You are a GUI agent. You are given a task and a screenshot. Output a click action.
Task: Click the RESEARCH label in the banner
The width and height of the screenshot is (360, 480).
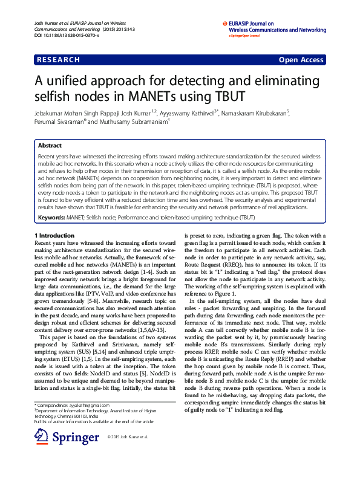[x=57, y=60]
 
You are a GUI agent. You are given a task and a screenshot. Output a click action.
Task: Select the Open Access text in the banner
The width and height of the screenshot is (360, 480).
[x=301, y=60]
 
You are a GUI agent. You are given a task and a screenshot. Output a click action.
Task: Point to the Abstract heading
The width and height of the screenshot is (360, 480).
[x=49, y=146]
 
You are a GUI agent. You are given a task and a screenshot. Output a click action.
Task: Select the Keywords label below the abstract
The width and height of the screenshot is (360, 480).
[x=52, y=217]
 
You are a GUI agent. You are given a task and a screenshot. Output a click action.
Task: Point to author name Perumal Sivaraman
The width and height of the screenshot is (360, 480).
[x=59, y=121]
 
